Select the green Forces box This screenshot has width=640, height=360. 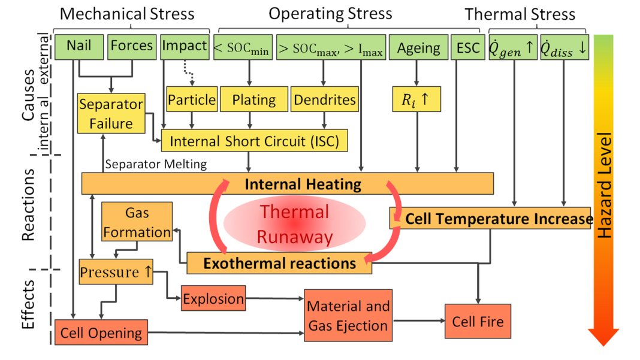(x=132, y=47)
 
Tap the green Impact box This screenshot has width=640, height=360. (x=185, y=47)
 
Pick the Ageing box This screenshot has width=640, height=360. (x=418, y=47)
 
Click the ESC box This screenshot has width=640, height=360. (x=467, y=47)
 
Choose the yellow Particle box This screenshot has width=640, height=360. (x=191, y=99)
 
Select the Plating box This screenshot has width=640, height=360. (x=254, y=99)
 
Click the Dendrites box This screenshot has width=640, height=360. (x=324, y=99)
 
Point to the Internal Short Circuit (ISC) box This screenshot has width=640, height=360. (x=254, y=141)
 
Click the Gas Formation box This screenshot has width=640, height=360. (x=137, y=223)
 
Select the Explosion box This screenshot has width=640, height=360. (x=213, y=298)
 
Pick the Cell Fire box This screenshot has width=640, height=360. (x=478, y=322)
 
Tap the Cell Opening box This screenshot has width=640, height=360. (x=101, y=333)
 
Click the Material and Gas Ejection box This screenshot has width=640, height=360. (x=348, y=316)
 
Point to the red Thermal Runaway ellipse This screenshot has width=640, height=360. (x=294, y=224)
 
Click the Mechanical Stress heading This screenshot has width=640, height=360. (x=128, y=14)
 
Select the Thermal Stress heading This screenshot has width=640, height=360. (x=520, y=14)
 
